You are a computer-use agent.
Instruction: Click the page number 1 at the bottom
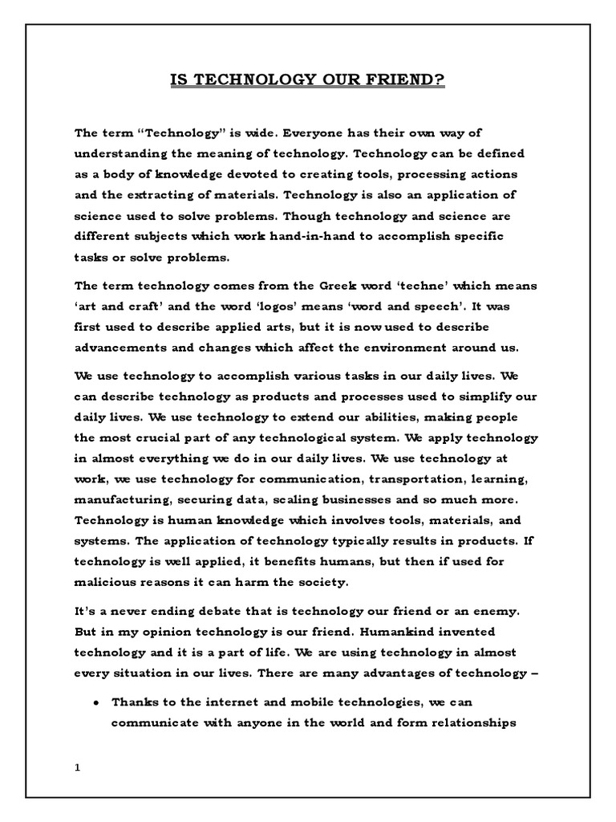(78, 767)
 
